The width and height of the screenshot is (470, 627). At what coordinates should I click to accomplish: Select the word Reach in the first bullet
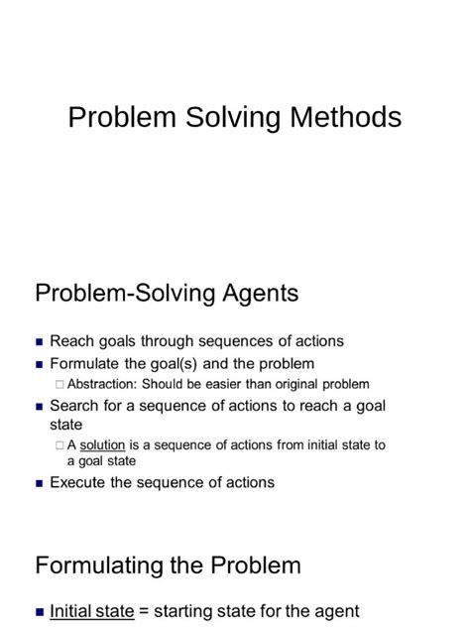coord(71,341)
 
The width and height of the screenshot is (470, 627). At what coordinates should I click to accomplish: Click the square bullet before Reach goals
coord(40,342)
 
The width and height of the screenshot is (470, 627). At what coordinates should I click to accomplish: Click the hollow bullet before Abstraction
coord(60,385)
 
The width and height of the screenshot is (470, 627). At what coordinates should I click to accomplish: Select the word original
coord(296,384)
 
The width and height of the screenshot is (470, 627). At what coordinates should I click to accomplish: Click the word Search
coord(74,406)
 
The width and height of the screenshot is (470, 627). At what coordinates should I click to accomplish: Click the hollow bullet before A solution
coord(60,446)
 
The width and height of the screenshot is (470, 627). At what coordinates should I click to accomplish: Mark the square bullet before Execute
coord(40,483)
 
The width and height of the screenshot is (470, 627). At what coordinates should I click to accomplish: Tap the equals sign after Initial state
coord(143,612)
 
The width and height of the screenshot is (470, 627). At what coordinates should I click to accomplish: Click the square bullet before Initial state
coord(40,613)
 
